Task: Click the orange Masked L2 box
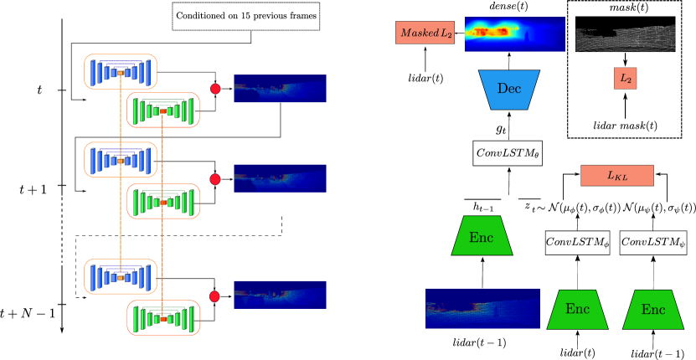pos(425,33)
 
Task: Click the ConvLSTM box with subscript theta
pos(508,153)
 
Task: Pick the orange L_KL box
pos(616,176)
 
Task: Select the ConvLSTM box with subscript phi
pos(577,243)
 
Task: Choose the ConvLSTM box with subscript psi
pos(652,243)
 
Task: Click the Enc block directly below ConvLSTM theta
pos(482,236)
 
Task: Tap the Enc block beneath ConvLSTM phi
pos(577,309)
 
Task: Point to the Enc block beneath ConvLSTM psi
pos(653,309)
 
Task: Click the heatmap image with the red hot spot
pos(514,33)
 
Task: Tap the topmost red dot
pos(215,89)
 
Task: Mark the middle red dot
pos(215,179)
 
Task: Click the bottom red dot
pos(214,296)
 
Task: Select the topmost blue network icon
pos(120,72)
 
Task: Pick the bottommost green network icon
pos(163,318)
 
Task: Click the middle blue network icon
pos(120,159)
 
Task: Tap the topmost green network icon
pos(163,110)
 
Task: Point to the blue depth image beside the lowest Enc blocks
pos(482,308)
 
